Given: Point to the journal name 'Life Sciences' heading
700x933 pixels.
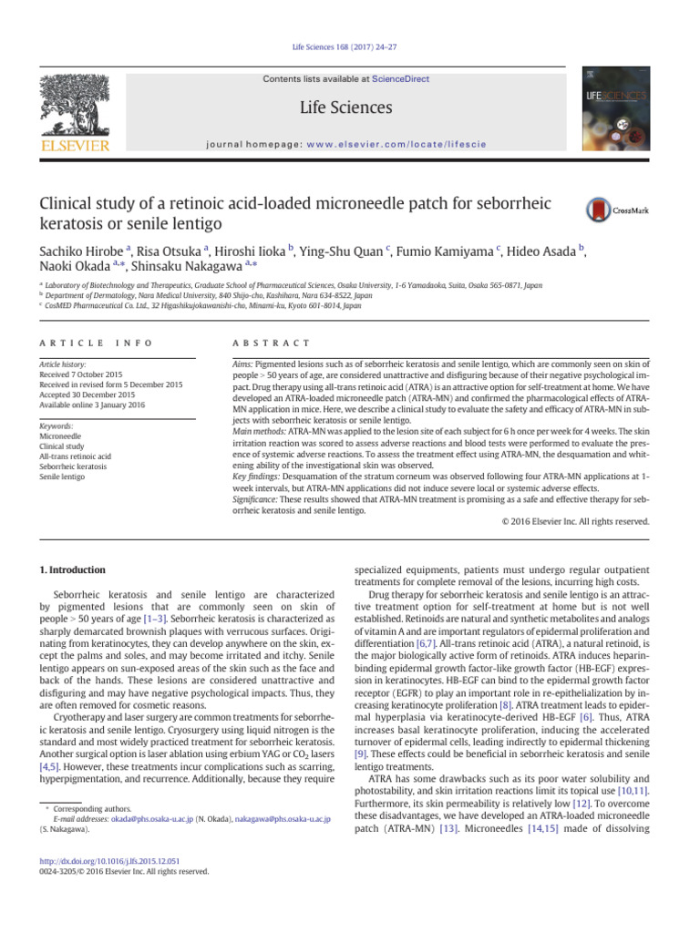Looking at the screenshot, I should point(345,108).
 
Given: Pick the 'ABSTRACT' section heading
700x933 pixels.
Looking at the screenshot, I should point(272,342).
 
